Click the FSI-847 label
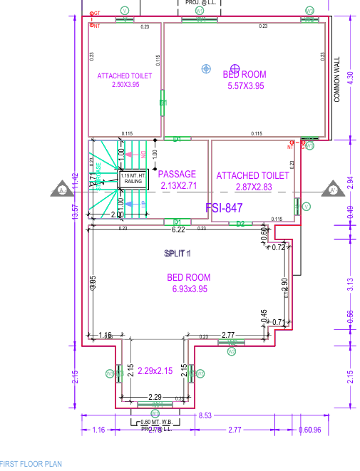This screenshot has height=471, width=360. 225,208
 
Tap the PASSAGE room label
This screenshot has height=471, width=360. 177,175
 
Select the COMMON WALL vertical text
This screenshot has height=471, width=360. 337,80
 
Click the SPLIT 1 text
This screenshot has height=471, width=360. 178,254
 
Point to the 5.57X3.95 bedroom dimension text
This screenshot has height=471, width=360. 245,86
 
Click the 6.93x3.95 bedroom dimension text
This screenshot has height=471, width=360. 189,289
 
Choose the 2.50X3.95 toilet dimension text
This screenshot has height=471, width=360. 125,85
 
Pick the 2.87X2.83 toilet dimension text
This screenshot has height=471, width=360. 253,187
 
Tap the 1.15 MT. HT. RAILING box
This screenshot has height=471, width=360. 133,179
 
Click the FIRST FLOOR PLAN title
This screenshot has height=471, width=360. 31,464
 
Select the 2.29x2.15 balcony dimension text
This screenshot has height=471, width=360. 155,371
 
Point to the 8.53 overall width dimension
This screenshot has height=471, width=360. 206,415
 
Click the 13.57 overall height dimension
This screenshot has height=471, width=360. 76,212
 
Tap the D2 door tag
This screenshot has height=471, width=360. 240,224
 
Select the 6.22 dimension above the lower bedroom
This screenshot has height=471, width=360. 178,229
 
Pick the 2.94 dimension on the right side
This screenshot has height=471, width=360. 349,182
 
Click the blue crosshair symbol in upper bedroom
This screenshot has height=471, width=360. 206,68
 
